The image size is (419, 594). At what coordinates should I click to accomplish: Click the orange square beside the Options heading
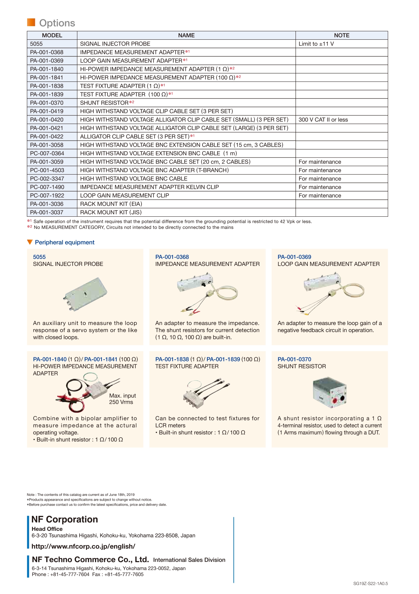(x=31, y=22)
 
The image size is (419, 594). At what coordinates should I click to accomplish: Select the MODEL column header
(x=52, y=35)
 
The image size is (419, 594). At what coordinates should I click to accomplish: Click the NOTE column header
(x=341, y=35)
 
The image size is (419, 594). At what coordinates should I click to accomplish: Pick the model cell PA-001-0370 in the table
(x=47, y=103)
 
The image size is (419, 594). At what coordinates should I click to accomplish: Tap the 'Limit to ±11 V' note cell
(x=316, y=44)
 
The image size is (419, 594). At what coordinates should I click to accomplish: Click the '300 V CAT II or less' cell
(x=323, y=120)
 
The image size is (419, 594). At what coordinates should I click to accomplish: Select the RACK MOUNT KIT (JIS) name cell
(x=111, y=212)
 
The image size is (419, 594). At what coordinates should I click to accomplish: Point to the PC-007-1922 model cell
(x=47, y=196)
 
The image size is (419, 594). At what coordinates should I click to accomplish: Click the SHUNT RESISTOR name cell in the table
(x=104, y=103)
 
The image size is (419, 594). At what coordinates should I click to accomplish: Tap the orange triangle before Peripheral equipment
(x=30, y=242)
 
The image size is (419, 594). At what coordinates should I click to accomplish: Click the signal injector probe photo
(x=85, y=293)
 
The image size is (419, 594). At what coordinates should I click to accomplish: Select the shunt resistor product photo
(x=329, y=393)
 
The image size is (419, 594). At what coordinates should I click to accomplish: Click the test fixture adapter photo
(x=206, y=393)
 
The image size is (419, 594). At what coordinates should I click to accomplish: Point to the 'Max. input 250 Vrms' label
(x=122, y=399)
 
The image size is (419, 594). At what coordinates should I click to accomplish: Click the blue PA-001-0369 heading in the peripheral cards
(x=294, y=257)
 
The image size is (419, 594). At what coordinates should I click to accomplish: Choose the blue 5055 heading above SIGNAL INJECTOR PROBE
(x=39, y=257)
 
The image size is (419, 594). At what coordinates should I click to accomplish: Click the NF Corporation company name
(x=64, y=519)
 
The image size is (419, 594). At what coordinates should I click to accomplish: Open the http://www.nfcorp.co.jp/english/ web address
(x=83, y=546)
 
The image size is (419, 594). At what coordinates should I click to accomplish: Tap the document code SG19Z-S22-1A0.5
(x=370, y=583)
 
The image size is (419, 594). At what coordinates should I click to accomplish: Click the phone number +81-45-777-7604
(x=70, y=574)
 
